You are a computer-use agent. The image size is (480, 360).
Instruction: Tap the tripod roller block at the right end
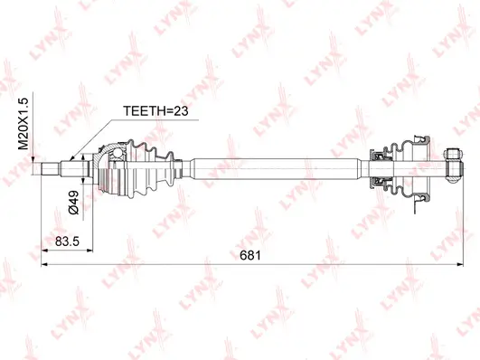454,167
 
